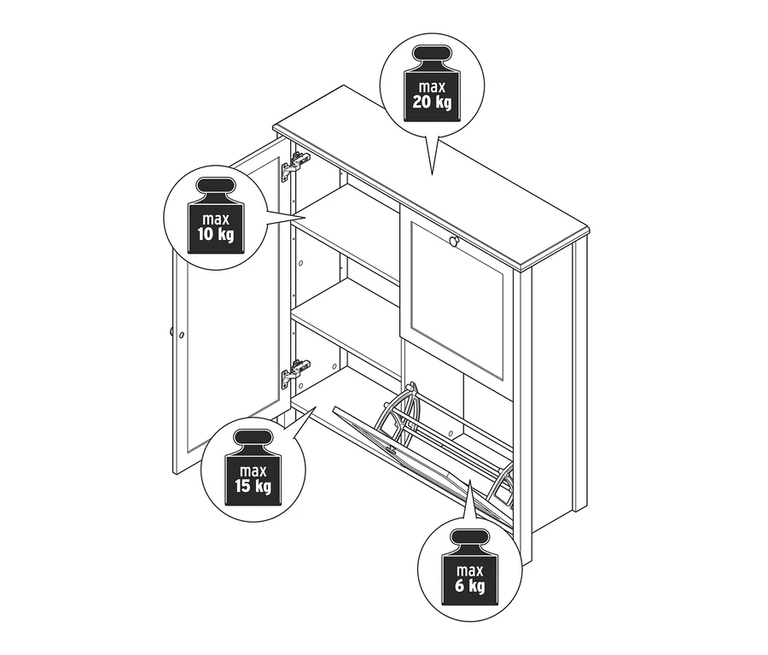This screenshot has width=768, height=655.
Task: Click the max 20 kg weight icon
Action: (x=432, y=84)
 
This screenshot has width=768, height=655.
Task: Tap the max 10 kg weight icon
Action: (x=216, y=216)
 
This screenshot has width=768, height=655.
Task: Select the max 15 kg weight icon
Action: (x=253, y=468)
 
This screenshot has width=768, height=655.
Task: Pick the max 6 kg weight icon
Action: (x=469, y=567)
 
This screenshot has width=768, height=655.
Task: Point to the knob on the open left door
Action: (x=172, y=332)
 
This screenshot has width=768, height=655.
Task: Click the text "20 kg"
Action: (x=432, y=102)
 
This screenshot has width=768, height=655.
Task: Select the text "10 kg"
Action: (x=216, y=234)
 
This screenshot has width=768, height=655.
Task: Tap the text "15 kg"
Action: (x=253, y=487)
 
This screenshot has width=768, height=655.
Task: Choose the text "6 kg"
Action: (x=469, y=586)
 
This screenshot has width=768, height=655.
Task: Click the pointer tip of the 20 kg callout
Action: (x=432, y=174)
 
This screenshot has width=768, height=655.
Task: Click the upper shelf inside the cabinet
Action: (x=346, y=220)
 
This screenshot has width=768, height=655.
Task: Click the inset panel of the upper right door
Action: (x=457, y=300)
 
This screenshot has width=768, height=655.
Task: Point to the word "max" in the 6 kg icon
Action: (x=469, y=570)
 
